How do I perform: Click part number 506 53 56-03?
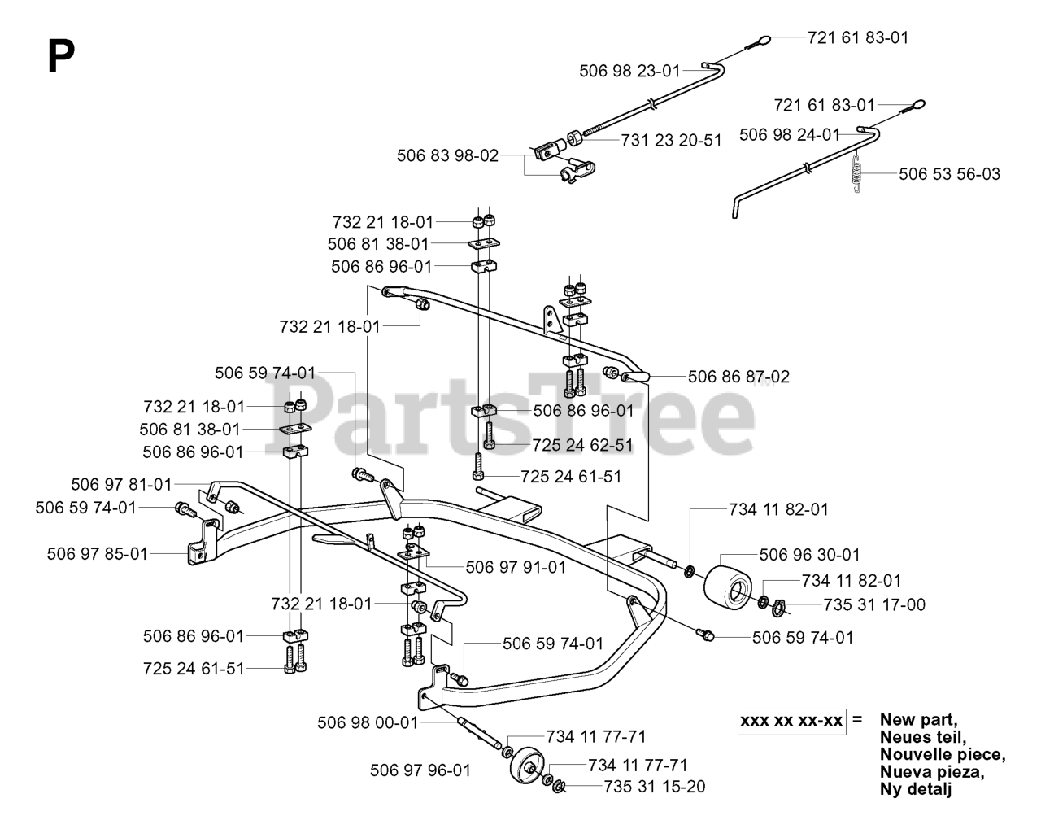pos(949,174)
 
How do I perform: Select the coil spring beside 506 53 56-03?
pos(855,173)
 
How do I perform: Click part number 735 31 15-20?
pos(654,787)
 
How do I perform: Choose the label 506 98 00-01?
pos(368,722)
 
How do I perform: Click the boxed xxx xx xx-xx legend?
pos(791,721)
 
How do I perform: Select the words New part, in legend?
pos(918,720)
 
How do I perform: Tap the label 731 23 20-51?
pos(671,141)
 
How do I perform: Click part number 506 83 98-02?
pos(447,155)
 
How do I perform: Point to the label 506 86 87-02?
pos(738,377)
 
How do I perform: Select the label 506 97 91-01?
pos(515,566)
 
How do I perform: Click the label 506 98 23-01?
pos(629,71)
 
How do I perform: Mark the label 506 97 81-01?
pos(121,485)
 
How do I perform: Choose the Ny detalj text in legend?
pos(916,788)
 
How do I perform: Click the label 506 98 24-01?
pos(789,134)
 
